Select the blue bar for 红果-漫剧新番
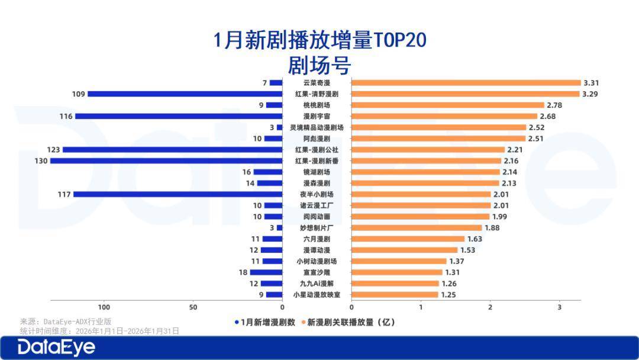click(166, 160)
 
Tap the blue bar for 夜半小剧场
click(177, 194)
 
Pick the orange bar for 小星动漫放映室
click(395, 294)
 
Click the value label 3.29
click(591, 94)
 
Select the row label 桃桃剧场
click(317, 105)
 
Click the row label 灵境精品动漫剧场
click(317, 127)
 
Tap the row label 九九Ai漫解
click(317, 284)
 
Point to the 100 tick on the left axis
click(104, 307)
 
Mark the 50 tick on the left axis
click(193, 307)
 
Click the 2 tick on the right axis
click(490, 307)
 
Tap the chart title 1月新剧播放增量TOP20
click(319, 41)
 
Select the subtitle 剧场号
click(319, 63)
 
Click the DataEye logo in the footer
click(56, 348)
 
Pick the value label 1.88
click(492, 228)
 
